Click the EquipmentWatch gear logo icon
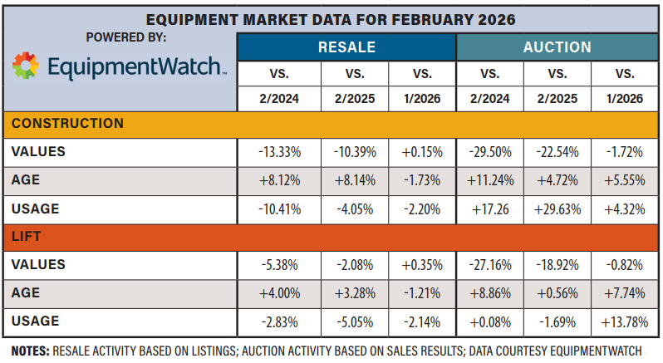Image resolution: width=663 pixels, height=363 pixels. tap(26, 66)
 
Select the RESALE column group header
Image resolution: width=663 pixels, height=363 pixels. tap(346, 47)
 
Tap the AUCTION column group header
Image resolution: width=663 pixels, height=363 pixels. tap(557, 47)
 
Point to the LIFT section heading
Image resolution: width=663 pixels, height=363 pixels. tap(27, 236)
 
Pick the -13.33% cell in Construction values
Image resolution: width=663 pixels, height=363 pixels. tap(280, 152)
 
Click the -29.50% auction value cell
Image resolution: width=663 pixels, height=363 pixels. tap(489, 152)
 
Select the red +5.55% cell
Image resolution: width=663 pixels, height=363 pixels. tap(623, 180)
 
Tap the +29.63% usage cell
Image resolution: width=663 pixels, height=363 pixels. tap(556, 208)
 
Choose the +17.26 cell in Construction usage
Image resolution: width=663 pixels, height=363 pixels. tap(489, 208)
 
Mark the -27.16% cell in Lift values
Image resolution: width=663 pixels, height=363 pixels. tap(489, 265)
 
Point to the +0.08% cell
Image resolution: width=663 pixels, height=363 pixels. tap(489, 321)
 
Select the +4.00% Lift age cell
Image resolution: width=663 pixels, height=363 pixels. tap(280, 293)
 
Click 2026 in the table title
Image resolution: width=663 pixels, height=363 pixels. tap(496, 18)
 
